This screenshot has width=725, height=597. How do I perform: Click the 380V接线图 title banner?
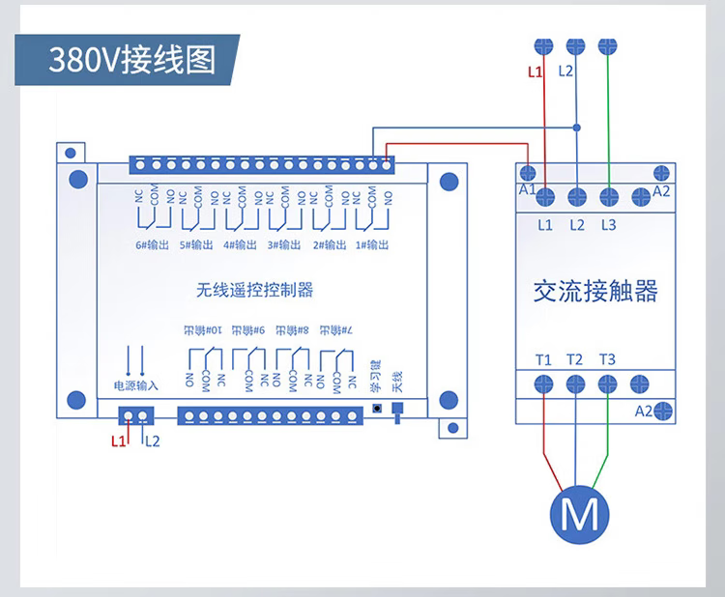131,59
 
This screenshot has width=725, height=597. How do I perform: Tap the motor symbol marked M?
580,514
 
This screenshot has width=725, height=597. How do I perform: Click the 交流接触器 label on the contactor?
595,290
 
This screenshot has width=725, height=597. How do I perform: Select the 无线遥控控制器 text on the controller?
254,290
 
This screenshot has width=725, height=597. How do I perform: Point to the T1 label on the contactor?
544,360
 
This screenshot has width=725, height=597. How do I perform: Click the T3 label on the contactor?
607,360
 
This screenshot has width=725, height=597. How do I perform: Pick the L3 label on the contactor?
607,225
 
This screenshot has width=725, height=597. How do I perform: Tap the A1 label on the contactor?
527,190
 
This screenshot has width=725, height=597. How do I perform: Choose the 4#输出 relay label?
241,245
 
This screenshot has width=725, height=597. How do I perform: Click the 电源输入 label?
135,385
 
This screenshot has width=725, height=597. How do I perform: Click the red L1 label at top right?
536,71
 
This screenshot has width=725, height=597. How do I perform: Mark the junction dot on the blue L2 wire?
577,128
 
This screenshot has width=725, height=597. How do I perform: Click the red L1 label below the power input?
118,441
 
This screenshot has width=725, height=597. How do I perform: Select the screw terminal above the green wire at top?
607,44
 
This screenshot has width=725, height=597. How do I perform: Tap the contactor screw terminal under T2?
576,384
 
